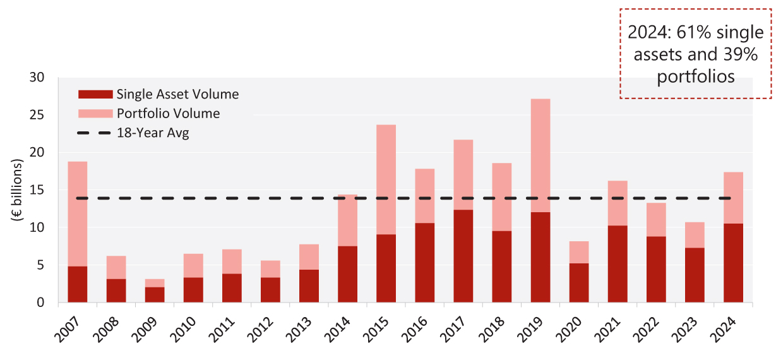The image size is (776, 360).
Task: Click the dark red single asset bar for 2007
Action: click(77, 284)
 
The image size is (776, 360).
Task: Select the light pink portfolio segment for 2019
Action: click(540, 155)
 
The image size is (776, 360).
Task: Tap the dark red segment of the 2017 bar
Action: click(463, 256)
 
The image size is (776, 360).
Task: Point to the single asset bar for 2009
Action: click(154, 294)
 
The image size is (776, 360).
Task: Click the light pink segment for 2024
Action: click(733, 198)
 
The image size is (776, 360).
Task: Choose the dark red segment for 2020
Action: click(578, 282)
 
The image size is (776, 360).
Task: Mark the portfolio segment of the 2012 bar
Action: click(270, 269)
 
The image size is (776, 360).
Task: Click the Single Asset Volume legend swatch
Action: click(95, 95)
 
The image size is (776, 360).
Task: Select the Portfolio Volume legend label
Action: click(168, 114)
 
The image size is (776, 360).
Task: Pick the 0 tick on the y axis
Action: click(42, 303)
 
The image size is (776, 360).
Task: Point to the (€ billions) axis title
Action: click(17, 189)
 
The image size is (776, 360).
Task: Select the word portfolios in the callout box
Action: click(695, 76)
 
